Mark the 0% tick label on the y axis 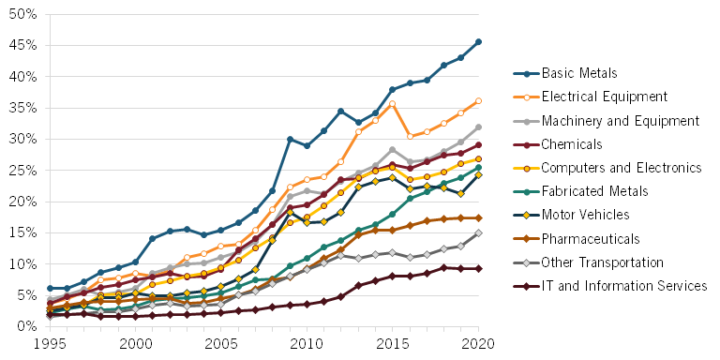point(26,326)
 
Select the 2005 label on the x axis point(221,344)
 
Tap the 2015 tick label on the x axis point(392,344)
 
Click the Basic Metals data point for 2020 point(478,42)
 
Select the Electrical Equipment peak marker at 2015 point(392,104)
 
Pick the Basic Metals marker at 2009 point(290,139)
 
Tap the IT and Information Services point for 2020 point(478,268)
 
